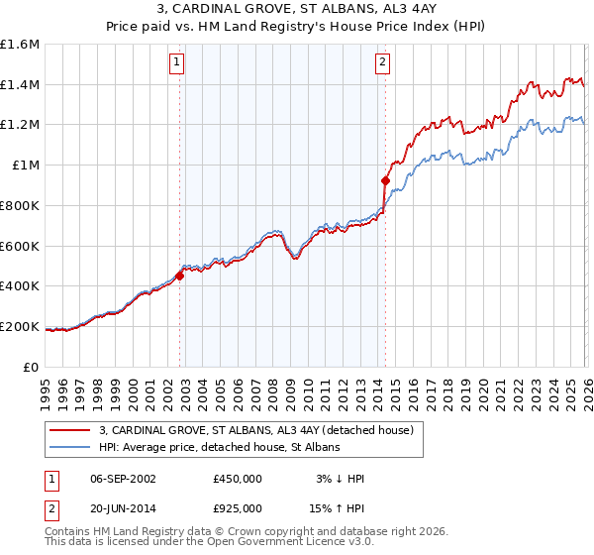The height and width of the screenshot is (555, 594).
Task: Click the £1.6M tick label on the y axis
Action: click(20, 45)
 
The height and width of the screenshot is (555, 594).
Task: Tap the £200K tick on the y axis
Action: click(20, 326)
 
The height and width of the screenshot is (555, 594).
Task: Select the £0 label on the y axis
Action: click(33, 367)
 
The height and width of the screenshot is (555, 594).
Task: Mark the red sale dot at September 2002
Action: click(179, 276)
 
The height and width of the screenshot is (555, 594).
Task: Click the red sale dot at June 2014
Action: click(385, 180)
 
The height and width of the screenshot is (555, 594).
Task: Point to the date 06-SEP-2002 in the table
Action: click(124, 479)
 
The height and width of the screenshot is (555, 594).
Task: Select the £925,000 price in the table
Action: click(237, 507)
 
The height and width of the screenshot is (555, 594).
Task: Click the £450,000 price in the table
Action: click(237, 479)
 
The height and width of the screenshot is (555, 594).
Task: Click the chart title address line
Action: click(297, 11)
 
